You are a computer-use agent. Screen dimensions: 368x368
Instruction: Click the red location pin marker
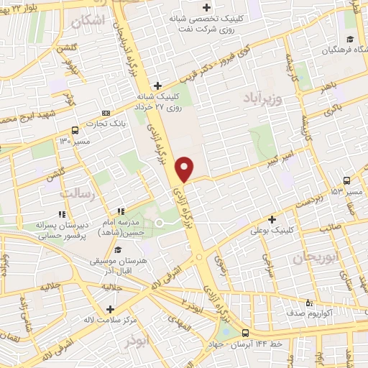[185, 168]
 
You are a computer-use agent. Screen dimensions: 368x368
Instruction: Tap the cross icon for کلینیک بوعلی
[272, 219]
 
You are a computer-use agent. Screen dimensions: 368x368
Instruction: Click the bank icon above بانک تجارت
[106, 113]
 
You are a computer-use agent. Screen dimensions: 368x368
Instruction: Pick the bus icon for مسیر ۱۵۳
[347, 180]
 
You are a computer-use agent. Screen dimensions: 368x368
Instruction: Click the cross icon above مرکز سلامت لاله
[109, 308]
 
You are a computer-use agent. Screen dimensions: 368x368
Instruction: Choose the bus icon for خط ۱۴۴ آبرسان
[245, 333]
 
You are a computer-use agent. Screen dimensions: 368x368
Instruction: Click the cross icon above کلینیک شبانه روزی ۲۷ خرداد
[157, 85]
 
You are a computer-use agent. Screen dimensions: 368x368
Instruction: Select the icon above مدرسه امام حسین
[121, 211]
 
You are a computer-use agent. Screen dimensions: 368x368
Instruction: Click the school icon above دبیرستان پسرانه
[63, 214]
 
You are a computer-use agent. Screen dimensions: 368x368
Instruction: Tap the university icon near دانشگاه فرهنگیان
[349, 39]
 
